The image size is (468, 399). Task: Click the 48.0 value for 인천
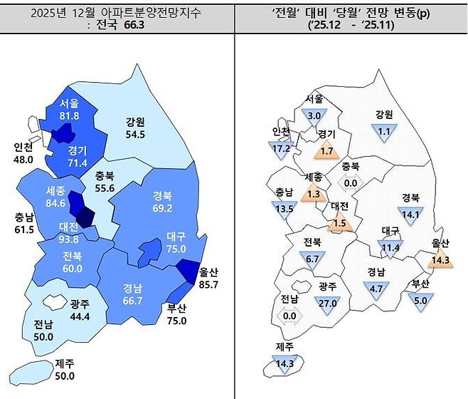click(x=23, y=160)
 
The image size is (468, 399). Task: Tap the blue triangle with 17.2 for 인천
click(x=282, y=149)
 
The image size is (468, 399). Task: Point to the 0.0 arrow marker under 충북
click(x=350, y=182)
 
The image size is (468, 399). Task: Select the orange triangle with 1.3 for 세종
click(x=314, y=192)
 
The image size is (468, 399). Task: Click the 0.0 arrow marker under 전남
click(x=289, y=316)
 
